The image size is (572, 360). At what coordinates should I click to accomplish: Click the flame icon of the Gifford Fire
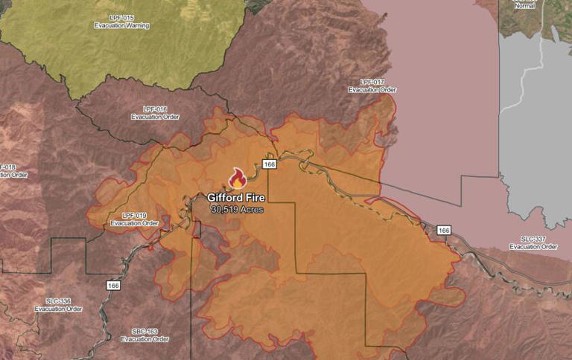coord(237,179)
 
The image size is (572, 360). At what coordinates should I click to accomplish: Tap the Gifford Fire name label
coord(237,199)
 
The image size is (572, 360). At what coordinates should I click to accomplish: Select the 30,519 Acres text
coord(237,210)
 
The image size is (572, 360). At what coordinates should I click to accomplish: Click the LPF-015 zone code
coord(121,17)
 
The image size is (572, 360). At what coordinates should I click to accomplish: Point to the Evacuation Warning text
coord(121,25)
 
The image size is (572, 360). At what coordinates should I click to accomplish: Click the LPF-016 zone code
coord(154,109)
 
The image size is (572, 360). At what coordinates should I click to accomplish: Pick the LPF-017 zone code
coord(372,82)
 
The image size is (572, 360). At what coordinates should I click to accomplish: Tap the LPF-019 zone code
coord(134,215)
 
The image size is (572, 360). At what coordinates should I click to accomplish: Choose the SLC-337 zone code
coord(533,238)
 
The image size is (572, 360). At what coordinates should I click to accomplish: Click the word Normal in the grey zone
coord(524,5)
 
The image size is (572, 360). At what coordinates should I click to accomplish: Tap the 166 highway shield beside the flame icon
coord(270,164)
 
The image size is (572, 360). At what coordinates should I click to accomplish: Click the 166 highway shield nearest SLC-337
coord(444,230)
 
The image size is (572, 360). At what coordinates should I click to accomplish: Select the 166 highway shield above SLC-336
coord(112,285)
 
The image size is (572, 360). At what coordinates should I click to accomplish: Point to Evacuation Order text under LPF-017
coord(372,90)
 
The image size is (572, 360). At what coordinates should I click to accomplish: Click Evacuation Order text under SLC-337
coord(533,246)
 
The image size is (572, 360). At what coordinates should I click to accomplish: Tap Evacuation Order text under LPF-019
coord(134,223)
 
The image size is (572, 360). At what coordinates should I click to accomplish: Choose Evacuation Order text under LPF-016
coord(154,118)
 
